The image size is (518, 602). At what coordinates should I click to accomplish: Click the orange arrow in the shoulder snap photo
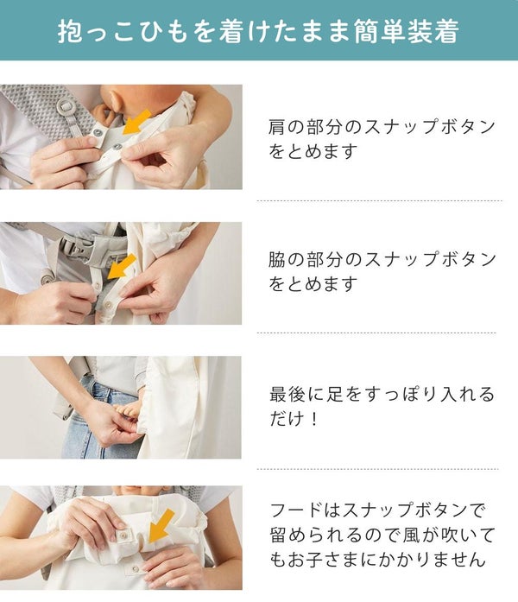click(136, 122)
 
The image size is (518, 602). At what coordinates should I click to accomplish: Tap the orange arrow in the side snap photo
click(122, 266)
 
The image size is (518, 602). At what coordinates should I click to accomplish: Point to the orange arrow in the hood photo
click(161, 526)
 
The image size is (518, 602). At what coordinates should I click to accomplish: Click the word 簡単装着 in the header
click(407, 30)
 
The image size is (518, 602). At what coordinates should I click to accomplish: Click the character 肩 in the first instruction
click(278, 126)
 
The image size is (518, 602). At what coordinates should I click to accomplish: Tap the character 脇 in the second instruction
click(278, 259)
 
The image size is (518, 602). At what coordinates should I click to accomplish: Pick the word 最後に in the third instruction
click(297, 395)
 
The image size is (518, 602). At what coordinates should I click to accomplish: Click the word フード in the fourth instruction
click(296, 510)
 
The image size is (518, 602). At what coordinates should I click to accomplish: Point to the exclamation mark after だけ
click(314, 419)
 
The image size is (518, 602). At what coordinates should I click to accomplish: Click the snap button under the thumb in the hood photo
click(123, 535)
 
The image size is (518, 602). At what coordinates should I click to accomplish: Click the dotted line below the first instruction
click(379, 200)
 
